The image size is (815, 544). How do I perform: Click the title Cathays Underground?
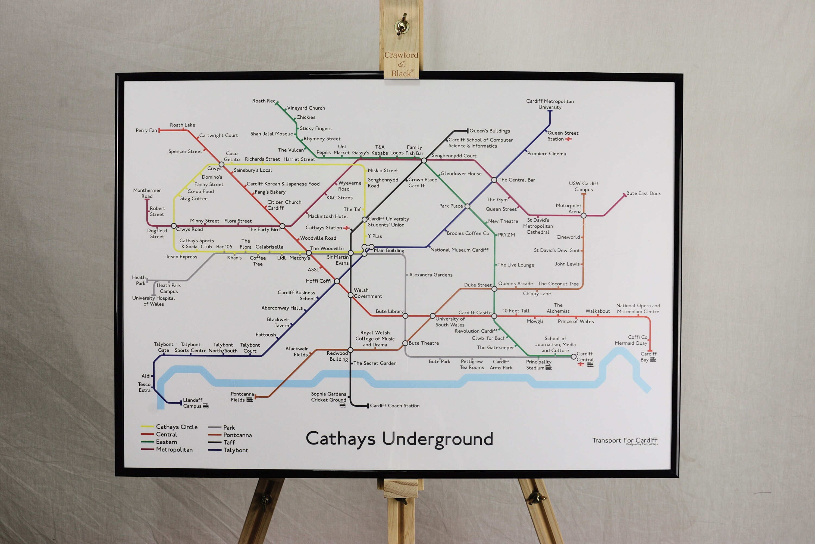pos(399,439)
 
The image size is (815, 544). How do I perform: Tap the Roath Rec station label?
pos(264,101)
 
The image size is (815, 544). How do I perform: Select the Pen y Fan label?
pos(146,131)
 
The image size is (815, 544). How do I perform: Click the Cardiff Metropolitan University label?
pos(550,104)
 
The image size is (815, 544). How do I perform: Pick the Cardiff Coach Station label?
pos(394,406)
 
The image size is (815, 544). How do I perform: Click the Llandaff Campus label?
pos(193,403)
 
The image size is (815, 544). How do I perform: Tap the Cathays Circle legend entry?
pos(176,427)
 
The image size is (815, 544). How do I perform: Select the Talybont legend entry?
pos(236,450)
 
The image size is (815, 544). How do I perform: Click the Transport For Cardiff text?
pos(624,440)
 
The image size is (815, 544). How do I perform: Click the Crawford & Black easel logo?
pos(401,64)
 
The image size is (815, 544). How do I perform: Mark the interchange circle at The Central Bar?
pos(494,180)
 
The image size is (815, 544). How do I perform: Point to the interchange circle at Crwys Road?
pos(174,226)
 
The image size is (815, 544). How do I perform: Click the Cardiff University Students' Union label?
pos(388,222)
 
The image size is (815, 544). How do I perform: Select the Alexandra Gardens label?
pos(430,275)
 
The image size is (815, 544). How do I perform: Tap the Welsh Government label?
pos(368,293)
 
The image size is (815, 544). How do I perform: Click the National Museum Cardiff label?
pos(459,250)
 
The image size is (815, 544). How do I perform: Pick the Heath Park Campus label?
pos(168,288)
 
